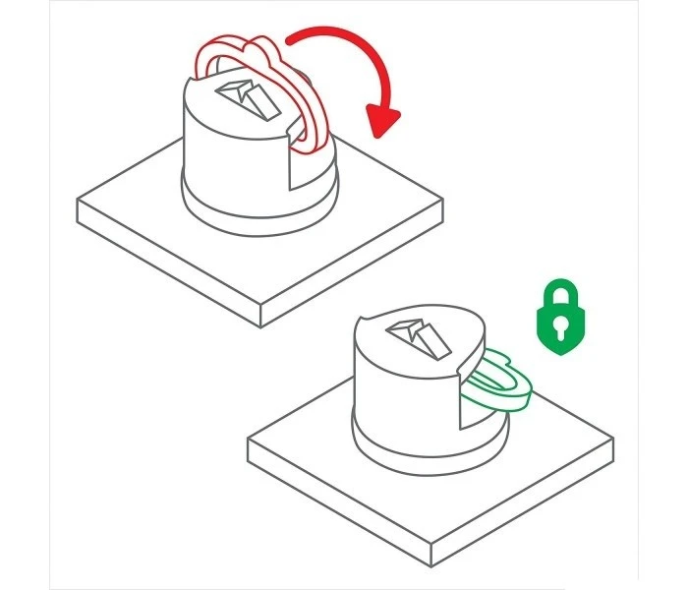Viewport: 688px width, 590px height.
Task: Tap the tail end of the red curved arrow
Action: [x=289, y=39]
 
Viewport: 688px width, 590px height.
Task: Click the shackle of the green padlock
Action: [x=557, y=293]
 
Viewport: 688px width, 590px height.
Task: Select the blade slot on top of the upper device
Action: [x=250, y=95]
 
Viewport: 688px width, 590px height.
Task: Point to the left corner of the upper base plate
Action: [x=78, y=201]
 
